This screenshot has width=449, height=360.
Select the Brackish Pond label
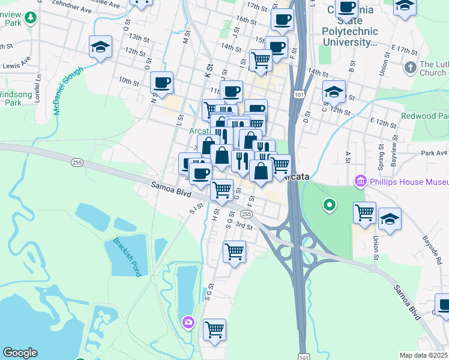tap(127, 256)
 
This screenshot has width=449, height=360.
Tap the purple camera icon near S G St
tap(189, 323)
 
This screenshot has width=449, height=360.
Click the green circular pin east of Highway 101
tap(329, 206)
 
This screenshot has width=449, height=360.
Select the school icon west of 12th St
tap(101, 47)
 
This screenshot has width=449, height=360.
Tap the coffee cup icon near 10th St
tap(161, 82)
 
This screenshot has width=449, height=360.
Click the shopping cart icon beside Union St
tap(364, 212)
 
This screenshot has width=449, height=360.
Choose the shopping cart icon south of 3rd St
tap(234, 251)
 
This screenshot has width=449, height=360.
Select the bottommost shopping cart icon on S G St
tap(214, 329)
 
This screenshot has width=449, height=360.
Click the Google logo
tap(19, 353)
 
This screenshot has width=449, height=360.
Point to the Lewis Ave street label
tap(16, 62)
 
